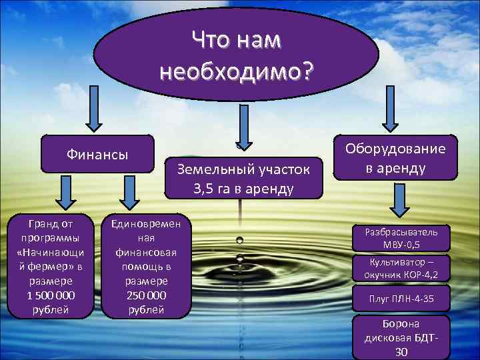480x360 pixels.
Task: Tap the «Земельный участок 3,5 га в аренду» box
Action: (243, 179)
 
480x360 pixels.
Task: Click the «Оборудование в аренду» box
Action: (395, 158)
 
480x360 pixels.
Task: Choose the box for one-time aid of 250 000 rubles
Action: (145, 265)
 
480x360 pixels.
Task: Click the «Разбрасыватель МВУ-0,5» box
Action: (401, 238)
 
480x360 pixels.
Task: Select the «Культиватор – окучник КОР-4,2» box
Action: (401, 268)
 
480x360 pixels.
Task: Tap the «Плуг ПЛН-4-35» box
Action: (401, 298)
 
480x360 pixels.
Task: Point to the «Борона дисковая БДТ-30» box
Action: (401, 337)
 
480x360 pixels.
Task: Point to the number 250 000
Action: (145, 295)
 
